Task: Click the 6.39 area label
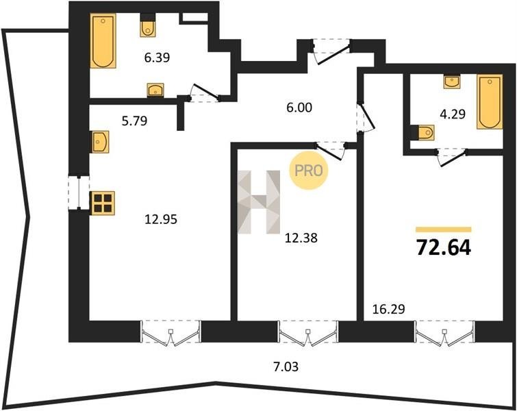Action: pyautogui.click(x=157, y=58)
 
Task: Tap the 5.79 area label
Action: pyautogui.click(x=134, y=121)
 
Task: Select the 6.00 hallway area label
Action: pyautogui.click(x=299, y=108)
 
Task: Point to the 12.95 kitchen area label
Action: pyautogui.click(x=161, y=219)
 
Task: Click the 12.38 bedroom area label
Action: pyautogui.click(x=301, y=238)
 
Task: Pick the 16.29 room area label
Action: pyautogui.click(x=388, y=309)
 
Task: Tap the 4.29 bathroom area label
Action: pyautogui.click(x=453, y=114)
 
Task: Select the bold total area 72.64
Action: pyautogui.click(x=444, y=248)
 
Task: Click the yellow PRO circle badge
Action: pyautogui.click(x=309, y=170)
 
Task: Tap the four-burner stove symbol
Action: pyautogui.click(x=102, y=203)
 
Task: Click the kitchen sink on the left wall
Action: pyautogui.click(x=100, y=142)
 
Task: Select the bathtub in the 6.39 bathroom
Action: pyautogui.click(x=103, y=41)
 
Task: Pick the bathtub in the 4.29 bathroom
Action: pyautogui.click(x=490, y=101)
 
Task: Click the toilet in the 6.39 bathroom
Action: pyautogui.click(x=148, y=27)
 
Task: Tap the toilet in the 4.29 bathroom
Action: pyautogui.click(x=423, y=133)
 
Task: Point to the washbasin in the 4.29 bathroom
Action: pyautogui.click(x=453, y=82)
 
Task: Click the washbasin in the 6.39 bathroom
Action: pyautogui.click(x=155, y=90)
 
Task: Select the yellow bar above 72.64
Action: pyautogui.click(x=444, y=230)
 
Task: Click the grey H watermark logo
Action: pyautogui.click(x=259, y=202)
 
